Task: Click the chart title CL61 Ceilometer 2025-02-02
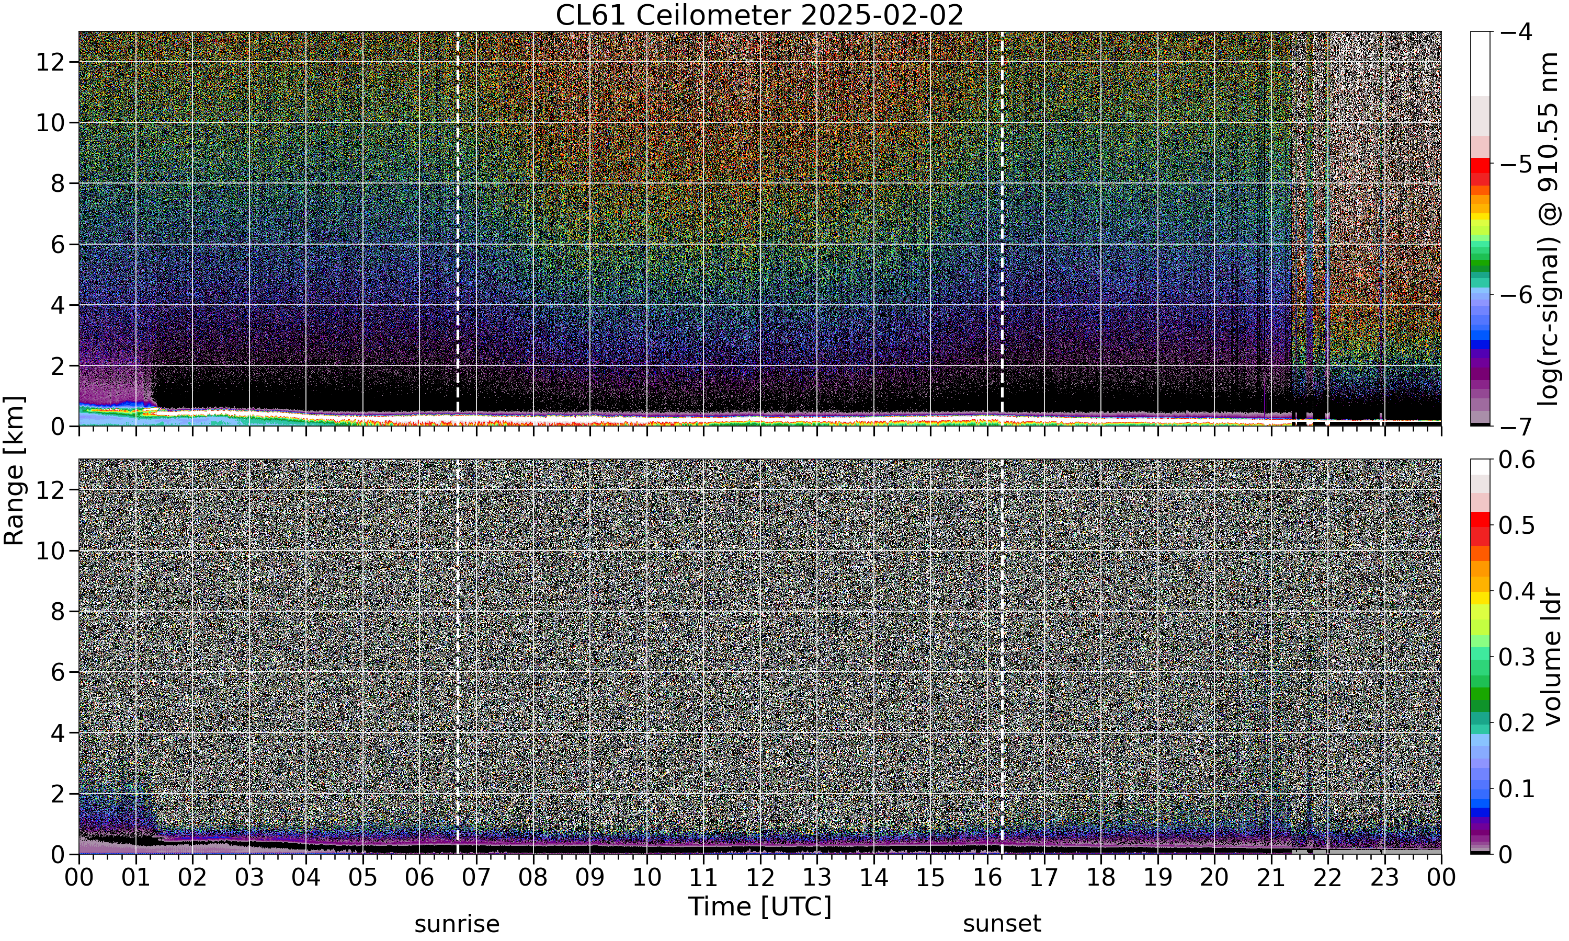[759, 15]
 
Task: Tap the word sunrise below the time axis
[457, 924]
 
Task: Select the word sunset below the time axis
[1002, 924]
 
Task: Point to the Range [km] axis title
[14, 470]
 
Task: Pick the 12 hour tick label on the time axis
[760, 878]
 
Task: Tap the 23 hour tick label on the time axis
[1384, 878]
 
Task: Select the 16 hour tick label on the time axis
[987, 878]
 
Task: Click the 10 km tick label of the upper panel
[51, 123]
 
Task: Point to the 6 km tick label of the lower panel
[59, 672]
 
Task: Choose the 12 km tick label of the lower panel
[51, 489]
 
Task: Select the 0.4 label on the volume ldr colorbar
[1517, 591]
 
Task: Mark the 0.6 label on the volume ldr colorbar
[1517, 460]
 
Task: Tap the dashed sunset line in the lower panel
[1002, 656]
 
